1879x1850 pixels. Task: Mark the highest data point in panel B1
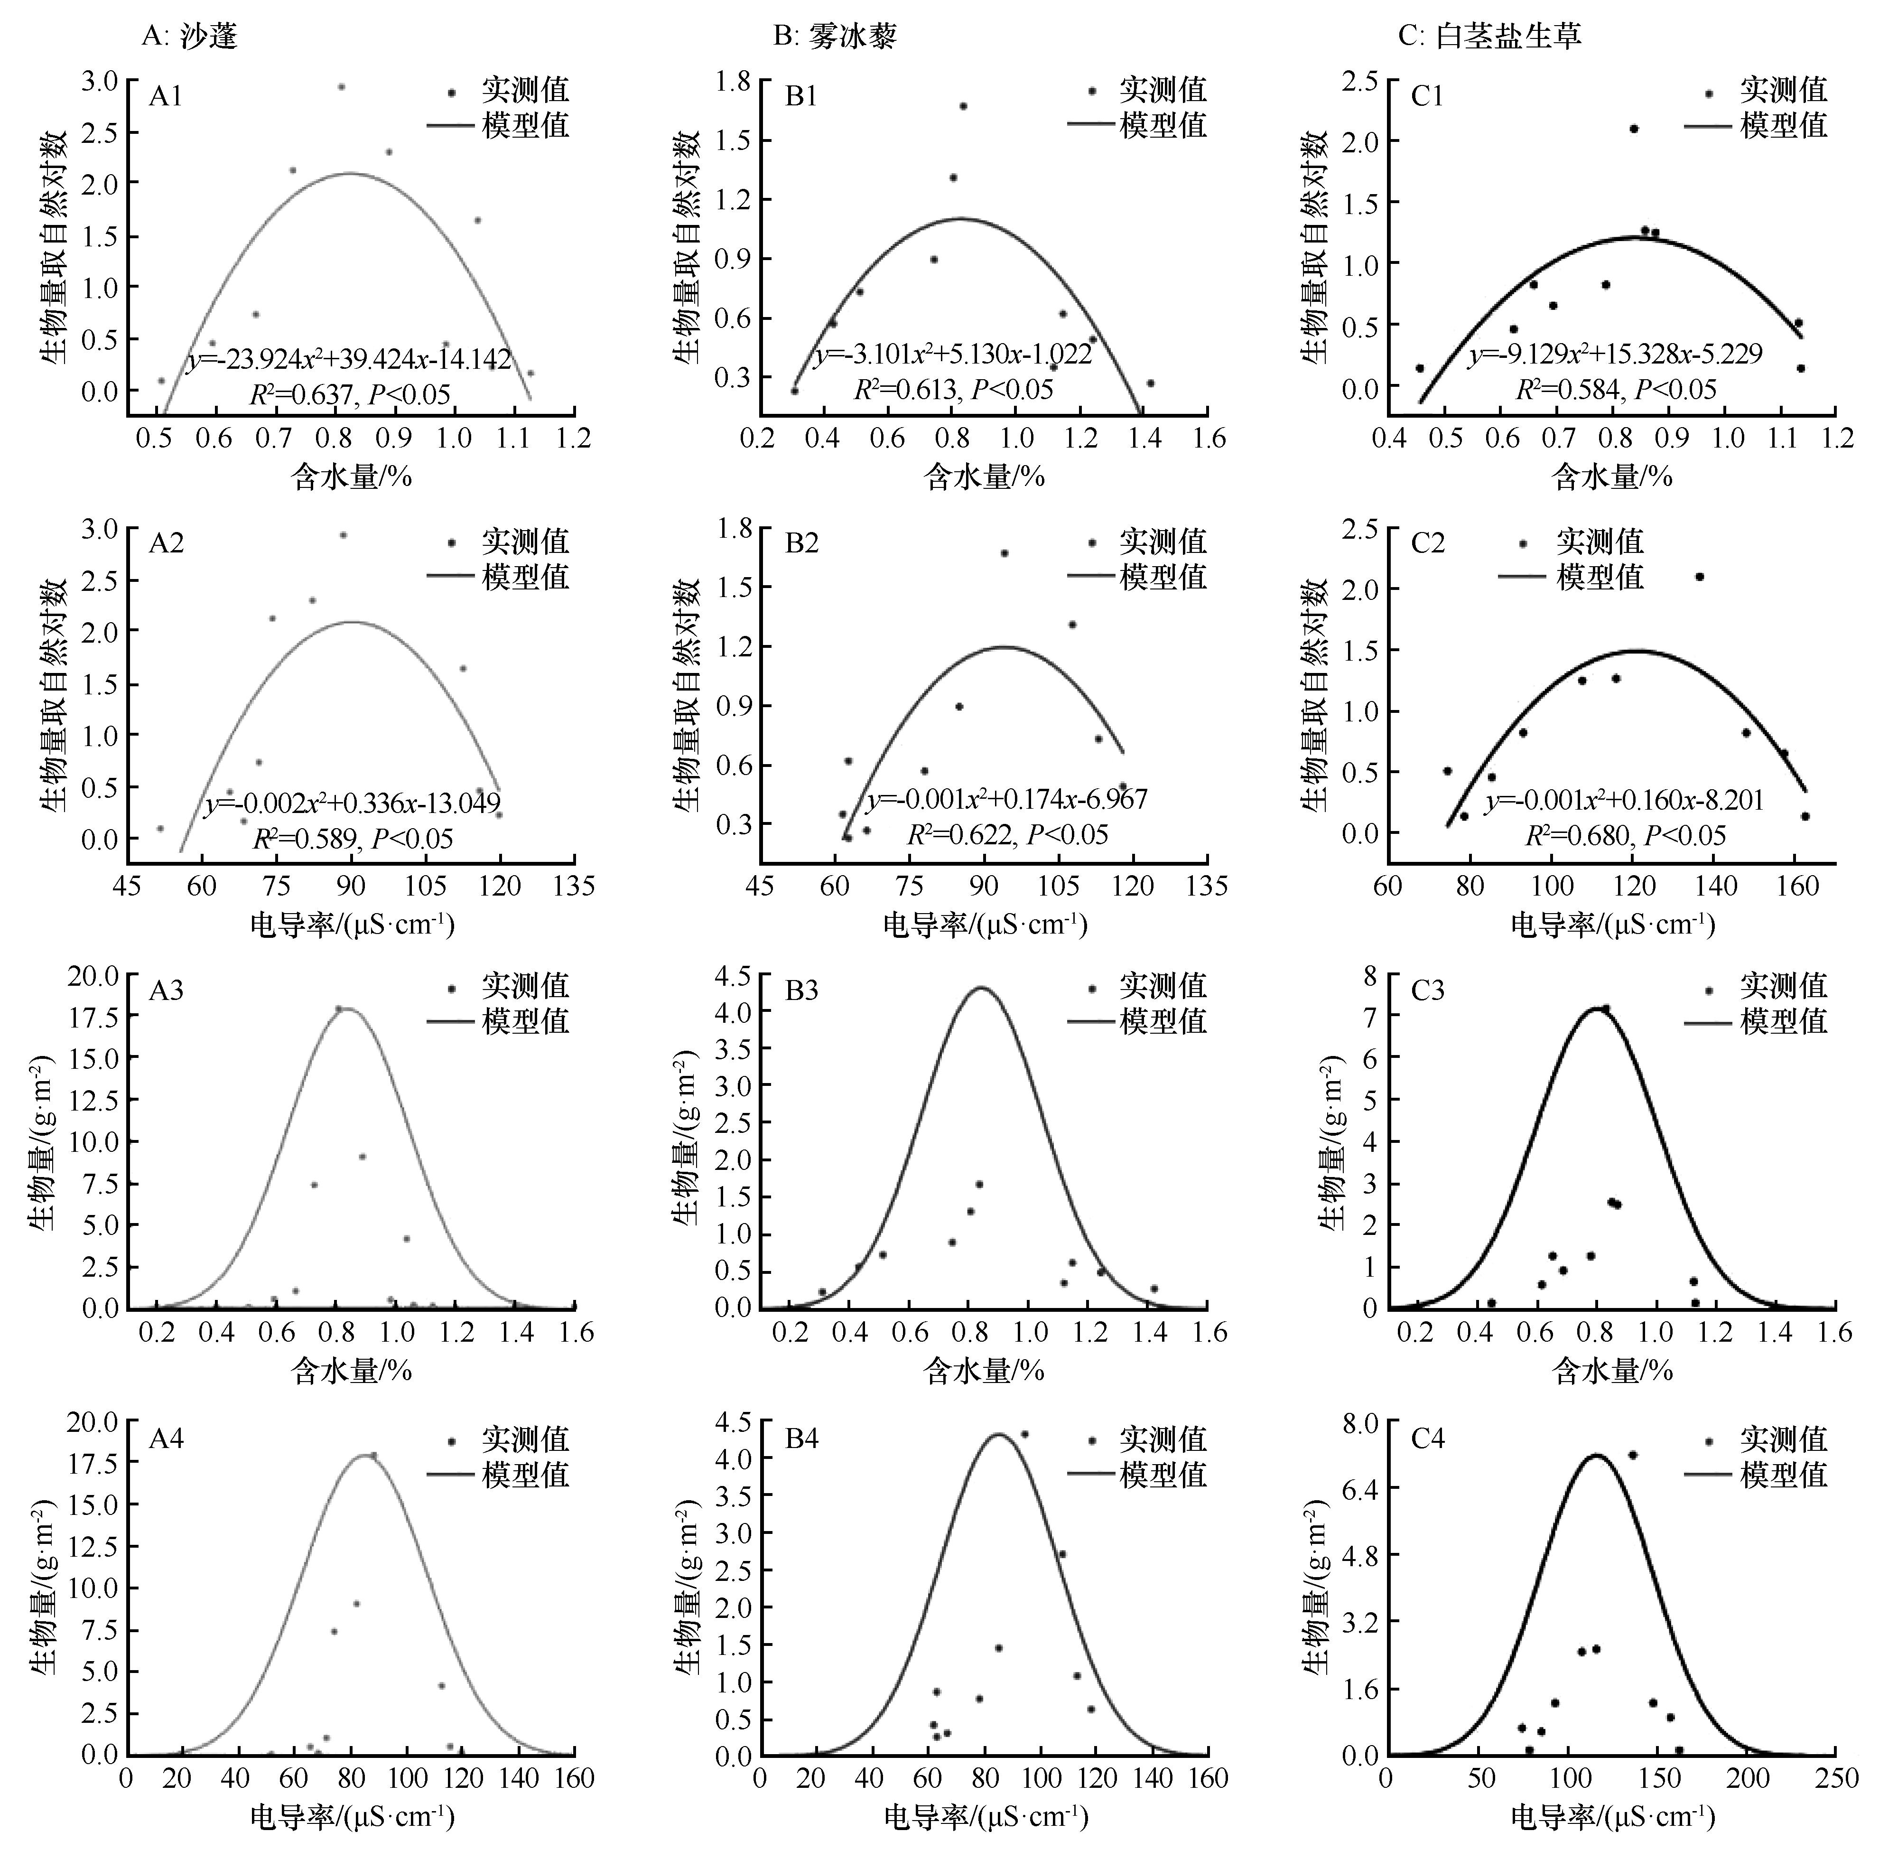coord(963,106)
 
